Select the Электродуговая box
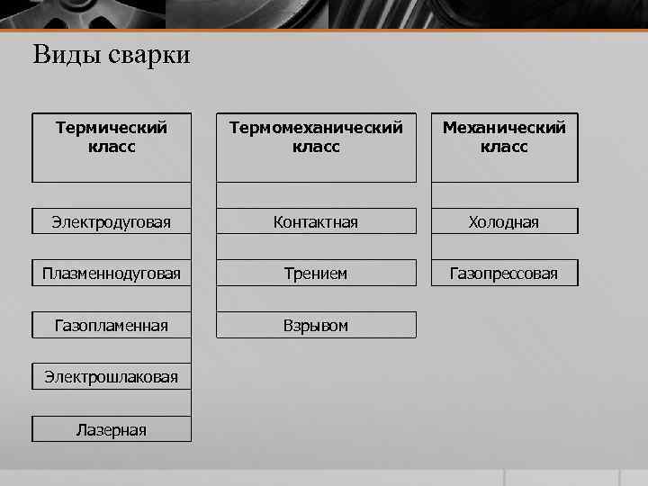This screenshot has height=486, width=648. (112, 221)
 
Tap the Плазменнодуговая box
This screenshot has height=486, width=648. (112, 273)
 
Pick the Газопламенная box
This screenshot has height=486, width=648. (112, 325)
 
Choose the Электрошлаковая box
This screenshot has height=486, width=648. (112, 377)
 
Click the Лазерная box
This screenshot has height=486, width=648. (112, 429)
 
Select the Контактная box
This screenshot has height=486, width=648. (316, 221)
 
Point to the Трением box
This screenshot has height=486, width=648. (316, 273)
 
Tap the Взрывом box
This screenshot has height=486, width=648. (316, 325)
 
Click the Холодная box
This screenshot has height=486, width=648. (504, 221)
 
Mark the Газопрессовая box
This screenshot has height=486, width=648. (504, 273)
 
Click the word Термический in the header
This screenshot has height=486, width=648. (112, 128)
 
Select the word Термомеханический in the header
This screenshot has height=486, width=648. (316, 128)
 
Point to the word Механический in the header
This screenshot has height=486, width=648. (504, 128)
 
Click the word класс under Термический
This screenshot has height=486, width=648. (112, 147)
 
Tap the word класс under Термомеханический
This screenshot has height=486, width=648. (316, 147)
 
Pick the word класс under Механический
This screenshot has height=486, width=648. (504, 147)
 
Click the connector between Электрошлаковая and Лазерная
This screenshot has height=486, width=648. (112, 403)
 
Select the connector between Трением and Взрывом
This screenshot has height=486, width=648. (316, 299)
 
